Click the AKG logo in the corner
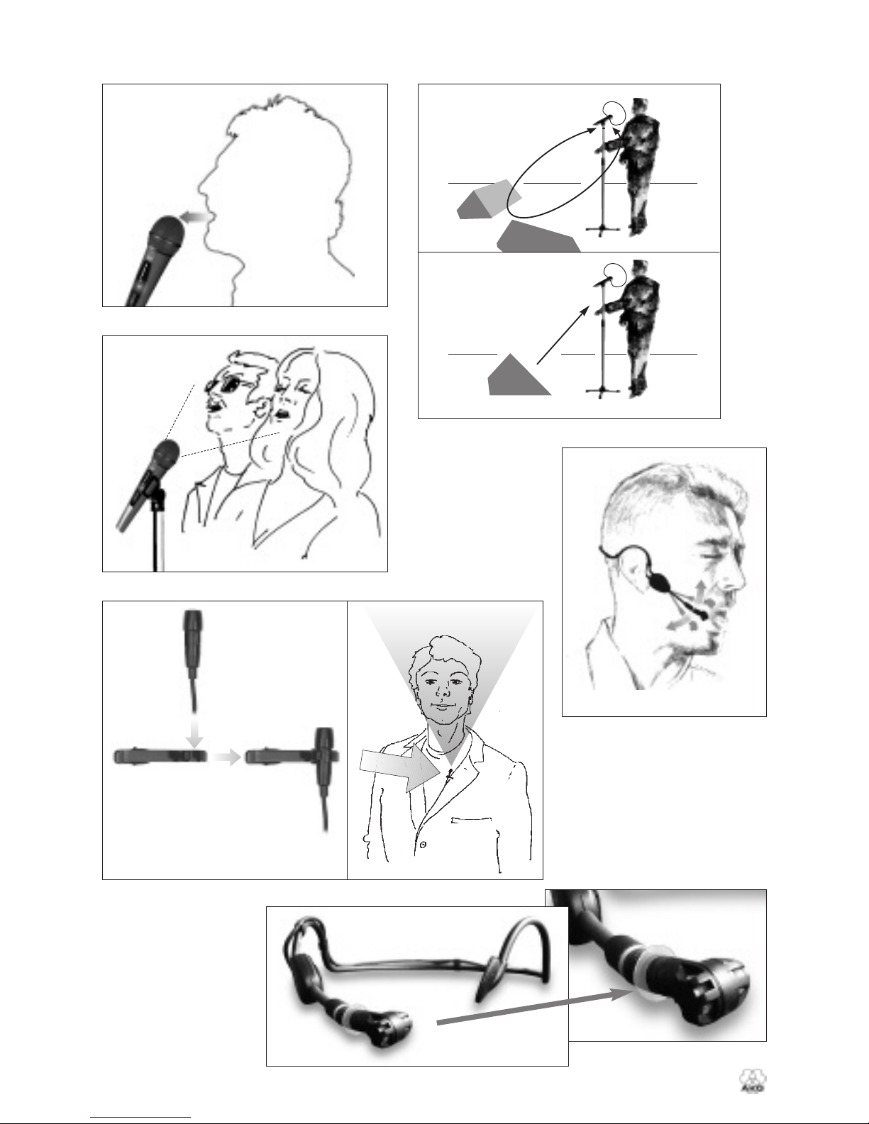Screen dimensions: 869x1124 [x=753, y=1081]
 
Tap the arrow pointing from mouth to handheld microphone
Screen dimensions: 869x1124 [x=194, y=218]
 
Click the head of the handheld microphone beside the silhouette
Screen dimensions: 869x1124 [x=167, y=234]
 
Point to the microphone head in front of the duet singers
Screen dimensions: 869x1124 [x=165, y=456]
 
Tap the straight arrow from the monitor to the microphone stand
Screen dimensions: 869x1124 [x=563, y=335]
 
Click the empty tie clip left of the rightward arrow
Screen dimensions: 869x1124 [x=160, y=756]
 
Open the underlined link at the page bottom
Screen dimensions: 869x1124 [x=140, y=1115]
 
